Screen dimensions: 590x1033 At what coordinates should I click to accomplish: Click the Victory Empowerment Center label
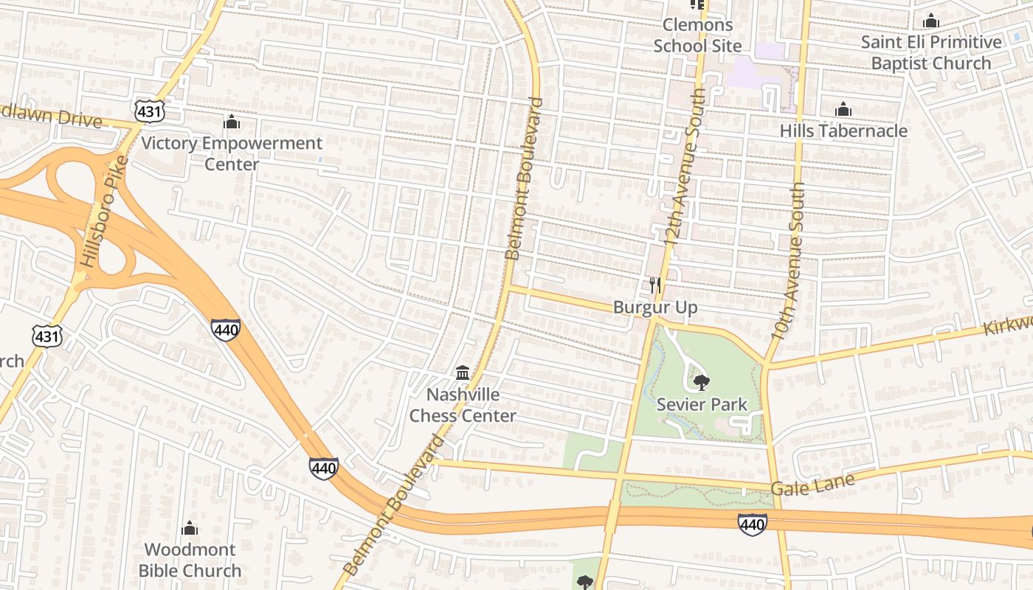[232, 153]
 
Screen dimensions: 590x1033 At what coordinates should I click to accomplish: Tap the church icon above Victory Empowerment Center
[232, 122]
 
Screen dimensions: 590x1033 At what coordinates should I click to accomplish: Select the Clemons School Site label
[697, 35]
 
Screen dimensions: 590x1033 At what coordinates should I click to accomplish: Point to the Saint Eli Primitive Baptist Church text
[931, 52]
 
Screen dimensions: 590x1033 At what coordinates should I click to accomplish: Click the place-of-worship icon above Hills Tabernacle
[843, 111]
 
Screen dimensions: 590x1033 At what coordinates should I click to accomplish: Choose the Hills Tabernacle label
[843, 131]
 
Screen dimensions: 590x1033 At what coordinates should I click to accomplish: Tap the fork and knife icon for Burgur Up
[655, 285]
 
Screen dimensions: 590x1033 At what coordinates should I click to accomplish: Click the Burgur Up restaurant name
[655, 308]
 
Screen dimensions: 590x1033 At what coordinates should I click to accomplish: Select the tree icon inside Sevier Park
[702, 382]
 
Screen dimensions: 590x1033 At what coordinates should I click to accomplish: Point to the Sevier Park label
[702, 404]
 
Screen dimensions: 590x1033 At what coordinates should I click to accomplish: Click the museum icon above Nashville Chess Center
[463, 372]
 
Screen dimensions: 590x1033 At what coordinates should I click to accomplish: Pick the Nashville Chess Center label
[463, 405]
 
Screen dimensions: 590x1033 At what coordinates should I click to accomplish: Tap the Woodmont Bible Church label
[190, 560]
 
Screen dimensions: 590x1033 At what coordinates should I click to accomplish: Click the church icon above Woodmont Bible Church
[190, 528]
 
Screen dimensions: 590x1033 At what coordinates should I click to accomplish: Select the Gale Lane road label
[812, 485]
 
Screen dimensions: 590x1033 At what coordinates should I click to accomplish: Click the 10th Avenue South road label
[788, 262]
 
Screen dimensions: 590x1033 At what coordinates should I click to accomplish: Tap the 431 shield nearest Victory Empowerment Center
[149, 111]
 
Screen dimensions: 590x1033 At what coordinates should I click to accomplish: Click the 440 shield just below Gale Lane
[751, 524]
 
